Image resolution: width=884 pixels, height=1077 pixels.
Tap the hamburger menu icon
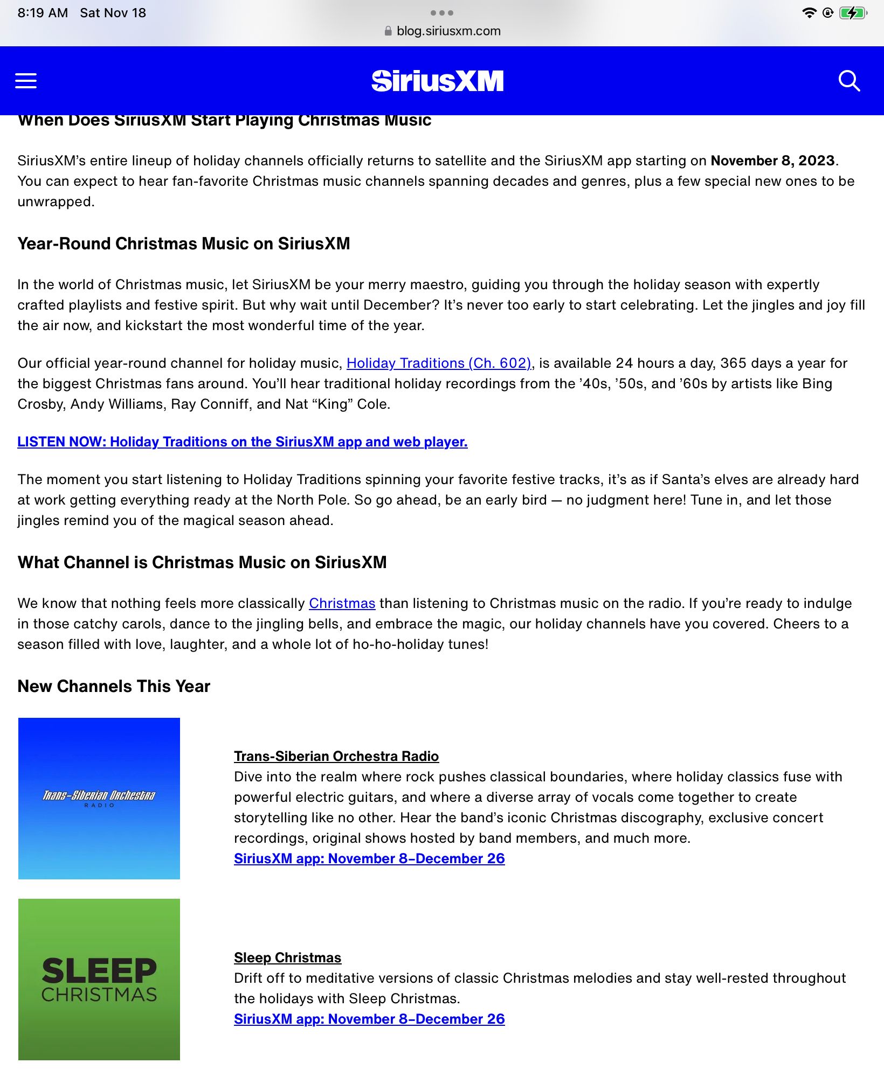pyautogui.click(x=26, y=81)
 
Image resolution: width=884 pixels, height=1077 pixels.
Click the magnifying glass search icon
pyautogui.click(x=849, y=81)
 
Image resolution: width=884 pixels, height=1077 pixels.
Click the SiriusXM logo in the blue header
pyautogui.click(x=437, y=81)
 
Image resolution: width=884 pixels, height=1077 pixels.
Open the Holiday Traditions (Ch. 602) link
pyautogui.click(x=439, y=363)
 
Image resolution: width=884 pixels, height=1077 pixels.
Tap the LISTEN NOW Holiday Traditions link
pyautogui.click(x=242, y=442)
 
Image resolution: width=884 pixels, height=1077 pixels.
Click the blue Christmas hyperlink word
pyautogui.click(x=342, y=604)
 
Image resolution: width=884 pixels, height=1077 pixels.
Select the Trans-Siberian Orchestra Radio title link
pyautogui.click(x=336, y=757)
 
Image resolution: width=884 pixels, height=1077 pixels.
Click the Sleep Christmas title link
pyautogui.click(x=287, y=958)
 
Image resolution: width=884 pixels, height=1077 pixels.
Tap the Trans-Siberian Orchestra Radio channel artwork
pyautogui.click(x=99, y=799)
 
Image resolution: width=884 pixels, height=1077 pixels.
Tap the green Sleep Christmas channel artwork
pyautogui.click(x=99, y=980)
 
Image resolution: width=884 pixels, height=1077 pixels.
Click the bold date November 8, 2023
pyautogui.click(x=772, y=161)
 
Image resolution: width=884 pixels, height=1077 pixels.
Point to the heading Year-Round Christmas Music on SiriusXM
pyautogui.click(x=184, y=244)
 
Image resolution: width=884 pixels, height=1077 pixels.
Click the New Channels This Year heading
pyautogui.click(x=114, y=687)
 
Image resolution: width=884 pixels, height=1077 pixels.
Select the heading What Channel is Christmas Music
pyautogui.click(x=202, y=563)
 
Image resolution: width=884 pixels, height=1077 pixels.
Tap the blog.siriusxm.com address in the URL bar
pyautogui.click(x=448, y=31)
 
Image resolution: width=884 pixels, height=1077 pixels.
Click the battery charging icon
pyautogui.click(x=853, y=13)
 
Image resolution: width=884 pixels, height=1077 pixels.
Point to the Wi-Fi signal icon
pyautogui.click(x=809, y=13)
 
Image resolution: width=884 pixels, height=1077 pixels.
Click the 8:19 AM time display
pyautogui.click(x=43, y=13)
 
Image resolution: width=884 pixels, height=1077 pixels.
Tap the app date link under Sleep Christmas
pyautogui.click(x=369, y=1019)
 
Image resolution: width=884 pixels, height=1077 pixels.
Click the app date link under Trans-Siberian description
pyautogui.click(x=369, y=859)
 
